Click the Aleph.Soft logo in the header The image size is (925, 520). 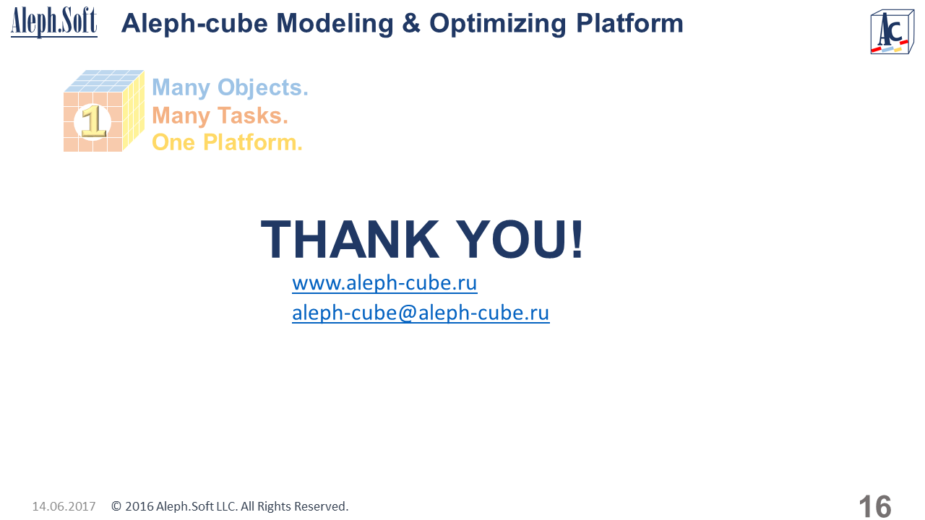[54, 22]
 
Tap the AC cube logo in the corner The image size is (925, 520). [892, 32]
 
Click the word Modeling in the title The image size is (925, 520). [335, 23]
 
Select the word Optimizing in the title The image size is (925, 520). [498, 24]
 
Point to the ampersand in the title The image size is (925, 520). [411, 23]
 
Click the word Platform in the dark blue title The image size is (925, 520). [629, 23]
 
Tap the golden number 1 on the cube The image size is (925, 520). [93, 121]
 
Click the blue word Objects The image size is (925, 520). [263, 88]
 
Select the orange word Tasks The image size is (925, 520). [253, 115]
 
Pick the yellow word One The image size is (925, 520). [173, 142]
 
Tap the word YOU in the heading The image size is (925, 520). [511, 239]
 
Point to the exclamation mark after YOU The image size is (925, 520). [577, 239]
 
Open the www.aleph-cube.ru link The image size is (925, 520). [384, 283]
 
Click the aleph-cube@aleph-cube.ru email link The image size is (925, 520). [421, 313]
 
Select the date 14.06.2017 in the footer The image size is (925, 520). [64, 506]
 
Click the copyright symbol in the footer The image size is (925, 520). [116, 506]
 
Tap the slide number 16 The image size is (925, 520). [875, 506]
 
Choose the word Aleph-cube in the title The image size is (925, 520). [194, 23]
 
